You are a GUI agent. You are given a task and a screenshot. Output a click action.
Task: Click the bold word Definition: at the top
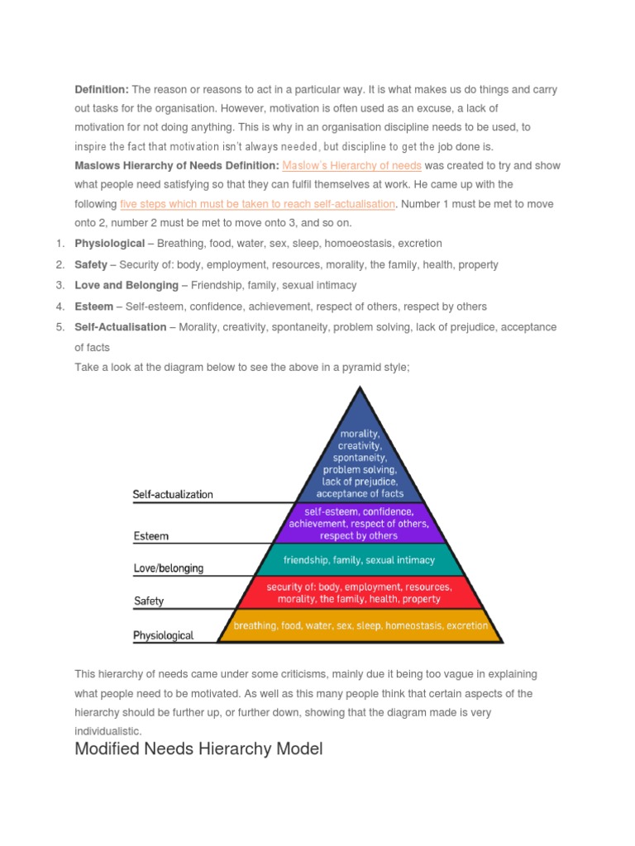(x=102, y=89)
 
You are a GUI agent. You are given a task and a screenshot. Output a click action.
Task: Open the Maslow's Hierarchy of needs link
(x=351, y=165)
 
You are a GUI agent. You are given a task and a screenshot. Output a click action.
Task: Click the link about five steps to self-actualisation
(x=258, y=204)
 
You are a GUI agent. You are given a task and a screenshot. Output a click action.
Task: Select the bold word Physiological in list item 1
(x=109, y=244)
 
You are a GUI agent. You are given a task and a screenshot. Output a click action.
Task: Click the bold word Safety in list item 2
(x=91, y=264)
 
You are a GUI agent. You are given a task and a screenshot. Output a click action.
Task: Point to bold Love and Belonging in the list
(x=127, y=285)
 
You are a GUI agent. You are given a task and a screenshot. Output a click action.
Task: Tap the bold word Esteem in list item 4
(x=93, y=307)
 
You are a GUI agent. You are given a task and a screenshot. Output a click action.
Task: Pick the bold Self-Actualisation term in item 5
(x=121, y=327)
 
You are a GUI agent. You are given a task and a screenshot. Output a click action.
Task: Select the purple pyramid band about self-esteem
(x=358, y=523)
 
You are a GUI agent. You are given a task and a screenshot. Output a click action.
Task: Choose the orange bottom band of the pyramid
(x=360, y=626)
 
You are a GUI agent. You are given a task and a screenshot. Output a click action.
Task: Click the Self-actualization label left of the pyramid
(x=173, y=495)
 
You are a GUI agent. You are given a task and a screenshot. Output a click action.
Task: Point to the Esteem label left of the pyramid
(x=150, y=536)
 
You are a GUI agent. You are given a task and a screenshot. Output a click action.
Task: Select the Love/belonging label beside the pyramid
(x=168, y=568)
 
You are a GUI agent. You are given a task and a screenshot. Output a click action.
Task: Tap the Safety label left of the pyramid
(x=149, y=601)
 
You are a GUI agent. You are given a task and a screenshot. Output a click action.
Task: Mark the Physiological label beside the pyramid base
(x=163, y=635)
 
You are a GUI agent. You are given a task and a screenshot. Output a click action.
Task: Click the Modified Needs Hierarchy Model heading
(x=198, y=749)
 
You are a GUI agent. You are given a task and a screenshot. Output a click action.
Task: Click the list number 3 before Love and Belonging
(x=60, y=285)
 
